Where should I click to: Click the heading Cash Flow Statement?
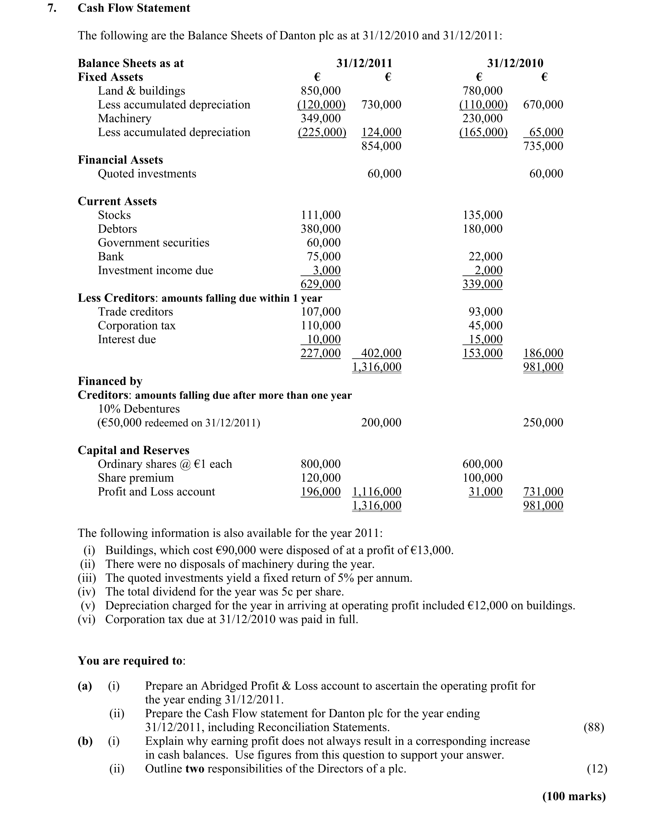pyautogui.click(x=134, y=8)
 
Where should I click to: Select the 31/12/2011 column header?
pyautogui.click(x=364, y=63)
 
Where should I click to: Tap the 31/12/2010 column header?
pyautogui.click(x=515, y=63)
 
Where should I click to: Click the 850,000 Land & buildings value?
pyautogui.click(x=321, y=91)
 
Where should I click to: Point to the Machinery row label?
pyautogui.click(x=124, y=118)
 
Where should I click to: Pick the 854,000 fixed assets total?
pyautogui.click(x=381, y=146)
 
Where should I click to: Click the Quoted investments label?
pyautogui.click(x=147, y=174)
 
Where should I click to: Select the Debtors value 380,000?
pyautogui.click(x=321, y=229)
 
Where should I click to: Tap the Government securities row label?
pyautogui.click(x=153, y=243)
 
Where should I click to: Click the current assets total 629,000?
pyautogui.click(x=321, y=284)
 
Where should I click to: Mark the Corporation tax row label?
pyautogui.click(x=137, y=326)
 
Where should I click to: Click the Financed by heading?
pyautogui.click(x=110, y=381)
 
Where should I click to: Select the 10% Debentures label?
pyautogui.click(x=139, y=409)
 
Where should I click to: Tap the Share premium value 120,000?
pyautogui.click(x=321, y=478)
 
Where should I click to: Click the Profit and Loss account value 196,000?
pyautogui.click(x=321, y=492)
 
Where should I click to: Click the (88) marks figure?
pyautogui.click(x=594, y=727)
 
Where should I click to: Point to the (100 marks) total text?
pyautogui.click(x=574, y=796)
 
